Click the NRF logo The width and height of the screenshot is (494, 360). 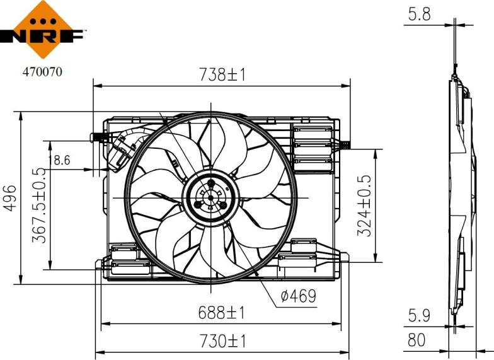click(42, 32)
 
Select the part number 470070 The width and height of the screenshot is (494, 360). click(42, 72)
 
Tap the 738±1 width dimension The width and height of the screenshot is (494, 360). click(222, 75)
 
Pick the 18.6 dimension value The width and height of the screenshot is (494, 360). click(60, 161)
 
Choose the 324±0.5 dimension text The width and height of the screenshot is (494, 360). click(364, 206)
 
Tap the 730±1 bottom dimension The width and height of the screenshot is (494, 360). click(222, 341)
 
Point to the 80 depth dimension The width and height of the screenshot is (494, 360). click(416, 340)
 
